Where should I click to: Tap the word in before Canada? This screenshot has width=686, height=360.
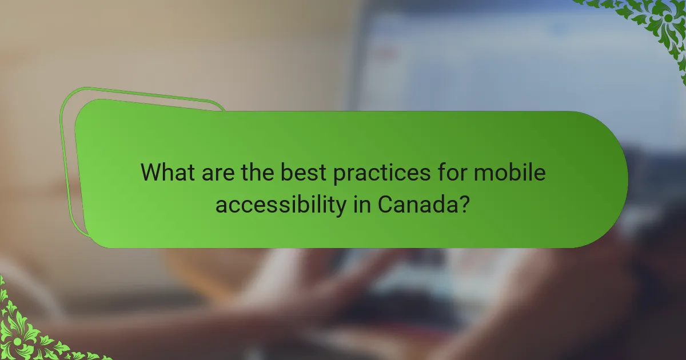point(360,203)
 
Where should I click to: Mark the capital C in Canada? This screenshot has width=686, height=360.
point(385,204)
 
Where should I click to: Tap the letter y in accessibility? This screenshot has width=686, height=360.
point(341,206)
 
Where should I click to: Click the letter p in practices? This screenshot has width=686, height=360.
point(340,175)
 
